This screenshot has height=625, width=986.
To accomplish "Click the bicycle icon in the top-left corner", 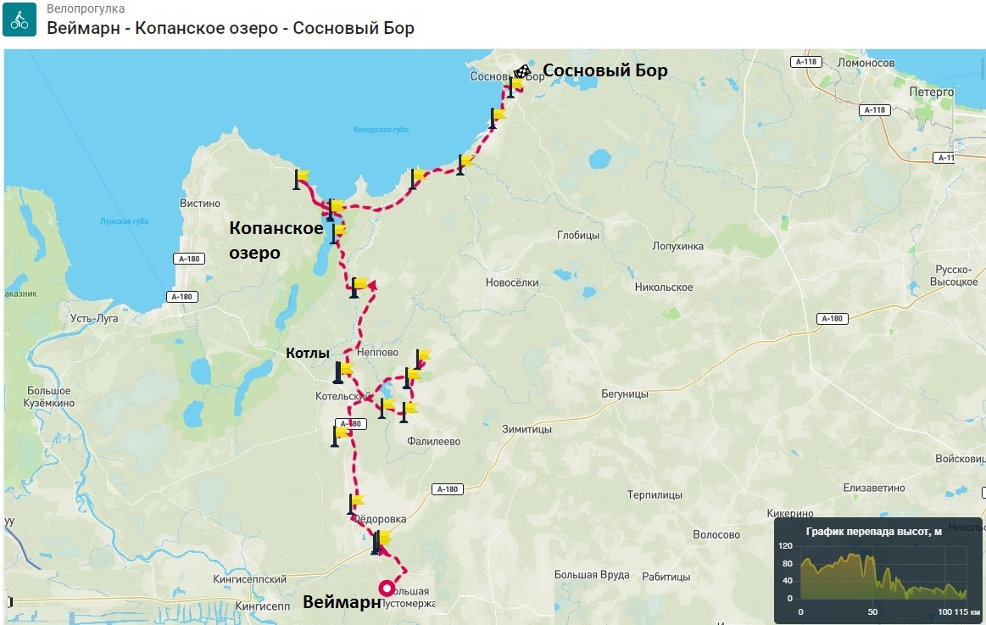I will (x=19, y=20).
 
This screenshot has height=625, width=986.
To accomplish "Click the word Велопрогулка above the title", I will (x=86, y=8).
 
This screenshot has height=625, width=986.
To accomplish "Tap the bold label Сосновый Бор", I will (x=604, y=70).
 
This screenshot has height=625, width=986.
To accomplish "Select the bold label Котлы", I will (x=307, y=353).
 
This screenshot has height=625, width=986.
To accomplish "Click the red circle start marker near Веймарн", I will (x=387, y=588).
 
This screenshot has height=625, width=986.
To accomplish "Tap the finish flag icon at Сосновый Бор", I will (x=524, y=71).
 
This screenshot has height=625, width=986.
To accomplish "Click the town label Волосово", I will (x=716, y=535).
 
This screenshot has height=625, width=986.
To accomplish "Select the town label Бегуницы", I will (x=624, y=394).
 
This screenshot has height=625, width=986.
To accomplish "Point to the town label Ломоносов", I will (x=866, y=64).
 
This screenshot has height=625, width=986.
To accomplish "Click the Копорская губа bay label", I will (x=376, y=130).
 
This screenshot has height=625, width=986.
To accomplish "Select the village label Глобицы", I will (x=577, y=235).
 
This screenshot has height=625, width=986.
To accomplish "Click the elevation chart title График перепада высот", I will (x=873, y=532).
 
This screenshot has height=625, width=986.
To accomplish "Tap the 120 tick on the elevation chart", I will (x=785, y=545).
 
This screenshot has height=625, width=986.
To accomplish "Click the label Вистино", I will (x=200, y=204).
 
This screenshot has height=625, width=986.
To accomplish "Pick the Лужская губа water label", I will (x=125, y=221).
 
